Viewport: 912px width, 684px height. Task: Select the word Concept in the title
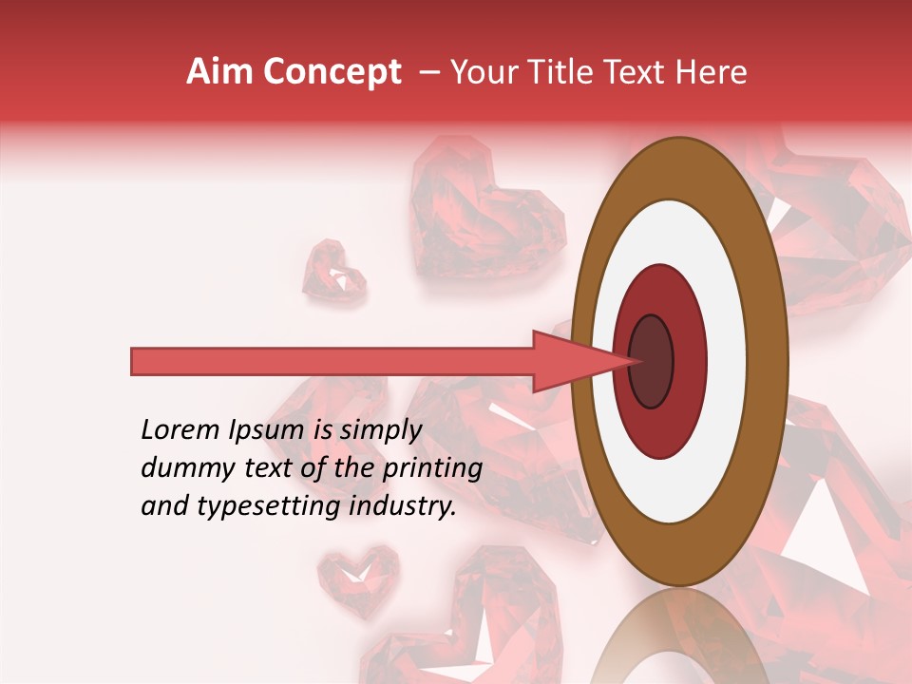tap(332, 72)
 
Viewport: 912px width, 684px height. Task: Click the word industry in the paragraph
tap(404, 506)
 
